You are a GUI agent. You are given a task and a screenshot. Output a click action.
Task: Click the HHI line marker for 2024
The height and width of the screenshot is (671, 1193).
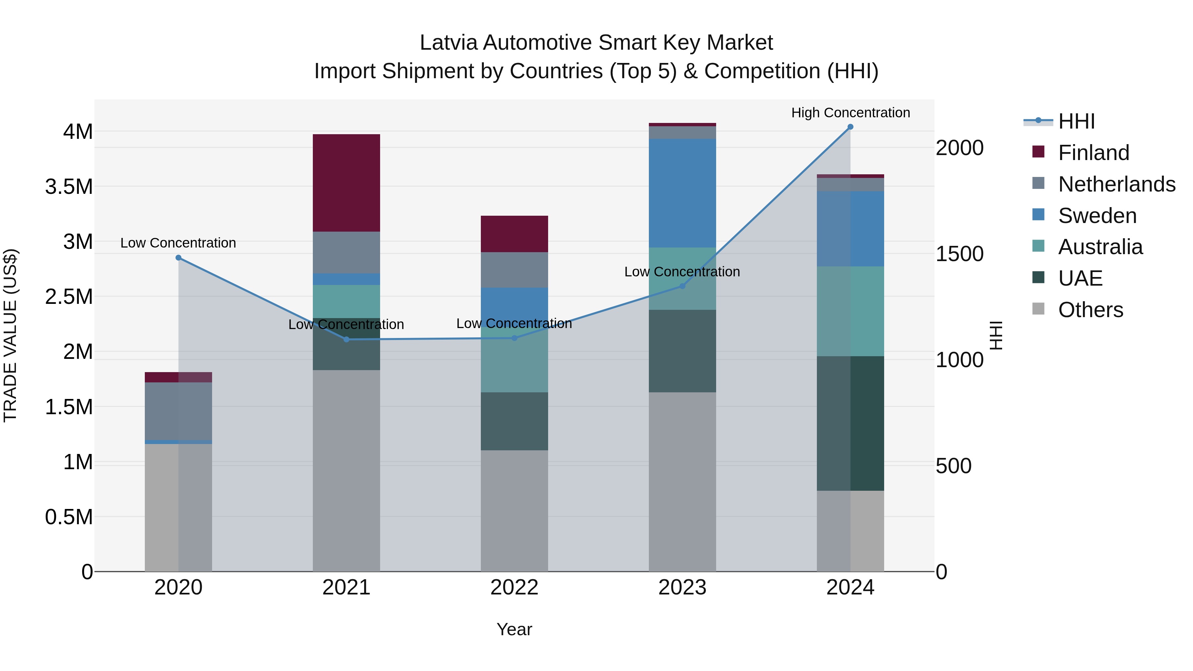pyautogui.click(x=850, y=127)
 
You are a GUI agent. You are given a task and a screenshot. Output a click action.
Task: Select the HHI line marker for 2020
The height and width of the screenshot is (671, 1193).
pyautogui.click(x=178, y=257)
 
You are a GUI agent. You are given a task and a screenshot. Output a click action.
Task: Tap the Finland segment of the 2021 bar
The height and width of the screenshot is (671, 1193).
pyautogui.click(x=346, y=183)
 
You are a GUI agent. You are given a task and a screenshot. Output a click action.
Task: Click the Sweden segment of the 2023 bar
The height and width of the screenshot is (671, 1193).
pyautogui.click(x=682, y=193)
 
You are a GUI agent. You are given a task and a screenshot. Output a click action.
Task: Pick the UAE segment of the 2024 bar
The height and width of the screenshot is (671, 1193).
pyautogui.click(x=850, y=423)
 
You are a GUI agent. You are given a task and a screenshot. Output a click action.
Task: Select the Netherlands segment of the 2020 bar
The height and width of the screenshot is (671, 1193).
pyautogui.click(x=178, y=411)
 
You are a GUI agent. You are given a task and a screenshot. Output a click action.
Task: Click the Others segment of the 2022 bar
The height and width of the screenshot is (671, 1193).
pyautogui.click(x=514, y=510)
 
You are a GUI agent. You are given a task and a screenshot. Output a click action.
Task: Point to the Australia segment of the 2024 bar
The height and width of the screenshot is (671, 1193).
pyautogui.click(x=850, y=311)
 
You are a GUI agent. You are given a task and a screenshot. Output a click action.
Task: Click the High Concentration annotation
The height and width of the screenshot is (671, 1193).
pyautogui.click(x=850, y=113)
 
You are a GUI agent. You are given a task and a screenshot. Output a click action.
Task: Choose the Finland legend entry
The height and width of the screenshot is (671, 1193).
pyautogui.click(x=1094, y=153)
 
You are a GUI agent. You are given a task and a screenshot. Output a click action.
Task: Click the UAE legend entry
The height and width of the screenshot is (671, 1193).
pyautogui.click(x=1080, y=278)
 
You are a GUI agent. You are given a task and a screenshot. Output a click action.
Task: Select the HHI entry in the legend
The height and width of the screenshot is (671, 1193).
pyautogui.click(x=1076, y=121)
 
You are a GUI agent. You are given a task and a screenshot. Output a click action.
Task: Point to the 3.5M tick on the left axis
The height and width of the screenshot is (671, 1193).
pyautogui.click(x=69, y=187)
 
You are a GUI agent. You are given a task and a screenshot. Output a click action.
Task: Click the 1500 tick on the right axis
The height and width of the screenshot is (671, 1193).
pyautogui.click(x=959, y=254)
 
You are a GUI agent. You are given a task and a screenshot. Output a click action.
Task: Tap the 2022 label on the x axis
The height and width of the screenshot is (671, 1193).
pyautogui.click(x=514, y=587)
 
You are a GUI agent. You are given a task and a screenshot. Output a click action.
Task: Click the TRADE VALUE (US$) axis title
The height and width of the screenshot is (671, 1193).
pyautogui.click(x=10, y=335)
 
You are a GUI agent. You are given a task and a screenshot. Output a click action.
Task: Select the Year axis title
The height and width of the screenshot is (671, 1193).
pyautogui.click(x=514, y=629)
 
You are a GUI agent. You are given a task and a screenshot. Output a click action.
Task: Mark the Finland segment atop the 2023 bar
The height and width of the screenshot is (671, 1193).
pyautogui.click(x=682, y=125)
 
